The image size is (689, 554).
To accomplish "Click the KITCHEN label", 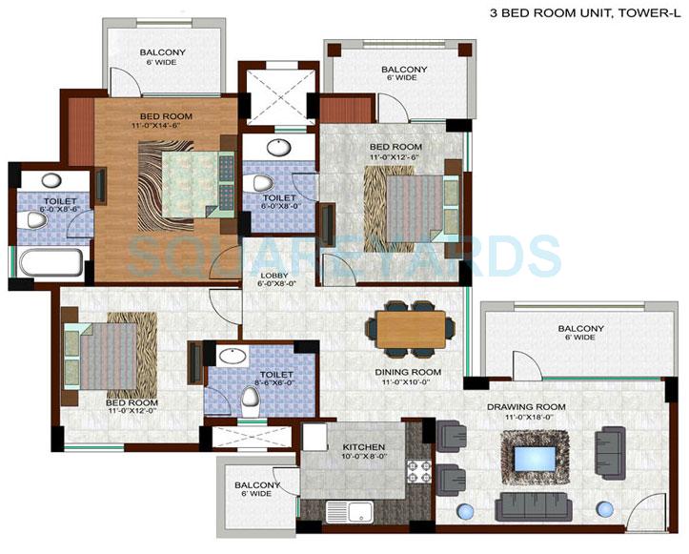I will (337, 447).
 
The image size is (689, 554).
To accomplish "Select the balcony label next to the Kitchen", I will (257, 486).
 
